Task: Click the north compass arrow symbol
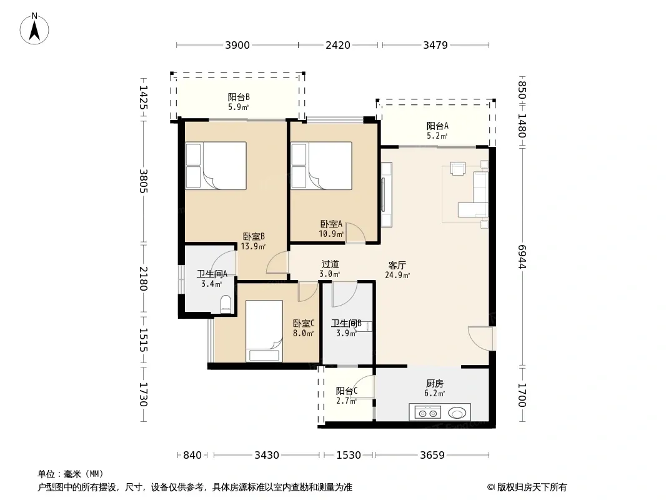point(34,29)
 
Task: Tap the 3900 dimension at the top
point(237,45)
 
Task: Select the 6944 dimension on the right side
point(522,257)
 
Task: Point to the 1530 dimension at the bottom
point(348,455)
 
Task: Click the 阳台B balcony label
point(238,97)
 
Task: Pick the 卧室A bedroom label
point(331,224)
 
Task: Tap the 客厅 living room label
point(397,266)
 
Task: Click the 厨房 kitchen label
point(434,384)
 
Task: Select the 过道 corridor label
point(330,264)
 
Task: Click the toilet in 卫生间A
point(226,304)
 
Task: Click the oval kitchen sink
point(457,412)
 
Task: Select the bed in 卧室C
point(264,331)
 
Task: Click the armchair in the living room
point(458,169)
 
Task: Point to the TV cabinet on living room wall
point(386,194)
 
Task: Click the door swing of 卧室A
point(355,233)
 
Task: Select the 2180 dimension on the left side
point(144,279)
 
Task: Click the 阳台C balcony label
point(347,391)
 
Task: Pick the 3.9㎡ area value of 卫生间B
point(346,334)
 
